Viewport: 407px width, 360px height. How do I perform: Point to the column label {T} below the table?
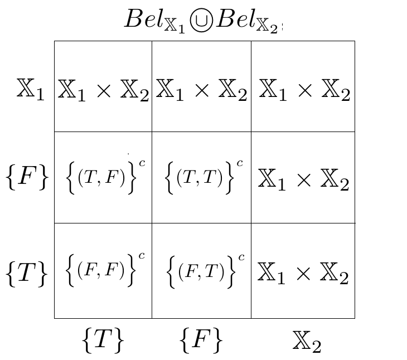[x=102, y=339]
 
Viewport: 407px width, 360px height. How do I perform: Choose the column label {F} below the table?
[x=201, y=339]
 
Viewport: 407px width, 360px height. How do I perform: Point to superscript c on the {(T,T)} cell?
[x=240, y=163]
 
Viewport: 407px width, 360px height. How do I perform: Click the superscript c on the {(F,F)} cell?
[x=142, y=256]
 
